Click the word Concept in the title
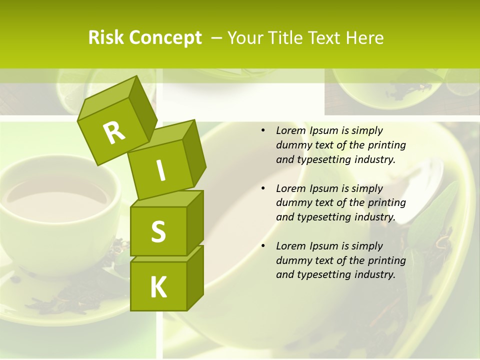[x=166, y=38]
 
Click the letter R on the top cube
[x=114, y=132]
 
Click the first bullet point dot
[x=263, y=130]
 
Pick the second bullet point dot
[x=263, y=188]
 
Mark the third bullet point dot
[x=263, y=246]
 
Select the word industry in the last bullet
[x=374, y=274]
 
